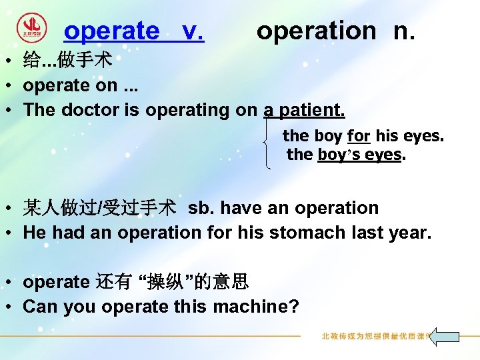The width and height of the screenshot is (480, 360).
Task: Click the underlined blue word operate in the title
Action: pos(111,31)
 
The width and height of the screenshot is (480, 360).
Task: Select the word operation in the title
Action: pos(316,31)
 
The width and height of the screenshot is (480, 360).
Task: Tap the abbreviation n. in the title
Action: pos(403,31)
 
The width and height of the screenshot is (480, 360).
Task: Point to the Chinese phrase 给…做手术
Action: pos(67,62)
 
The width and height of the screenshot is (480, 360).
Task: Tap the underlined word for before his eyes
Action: pos(358,136)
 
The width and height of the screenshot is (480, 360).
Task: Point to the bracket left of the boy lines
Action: pos(268,144)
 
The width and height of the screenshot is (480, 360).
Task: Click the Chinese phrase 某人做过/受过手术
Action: pos(100,209)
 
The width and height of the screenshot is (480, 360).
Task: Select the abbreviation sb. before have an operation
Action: pos(201,209)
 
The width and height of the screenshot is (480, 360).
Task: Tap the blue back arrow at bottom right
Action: pos(443,336)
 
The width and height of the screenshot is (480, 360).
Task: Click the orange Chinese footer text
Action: pos(374,337)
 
